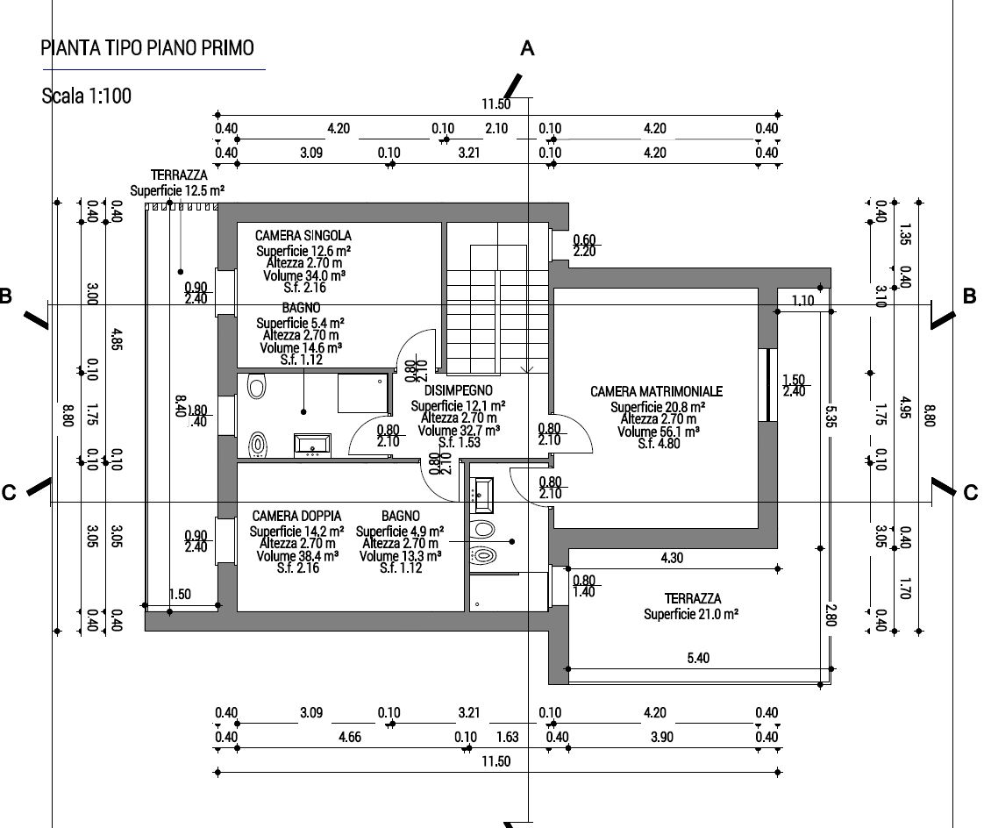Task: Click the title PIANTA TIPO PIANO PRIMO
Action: [x=148, y=47]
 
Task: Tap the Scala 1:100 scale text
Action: [x=87, y=96]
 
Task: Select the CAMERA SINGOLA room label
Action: [x=303, y=236]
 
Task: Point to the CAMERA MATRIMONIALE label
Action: [x=656, y=391]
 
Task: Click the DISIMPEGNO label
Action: [x=458, y=390]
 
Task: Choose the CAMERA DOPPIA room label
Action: [x=296, y=517]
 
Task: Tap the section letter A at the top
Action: [x=527, y=49]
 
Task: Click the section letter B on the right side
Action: [x=969, y=296]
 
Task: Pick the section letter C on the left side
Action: [x=9, y=493]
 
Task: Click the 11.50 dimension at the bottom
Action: [x=496, y=760]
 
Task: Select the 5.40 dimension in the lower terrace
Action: [x=698, y=658]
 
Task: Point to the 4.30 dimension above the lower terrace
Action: [x=673, y=557]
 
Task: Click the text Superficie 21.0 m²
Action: [x=690, y=615]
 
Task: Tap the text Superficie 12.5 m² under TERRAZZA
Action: [x=177, y=189]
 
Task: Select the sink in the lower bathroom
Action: [x=481, y=496]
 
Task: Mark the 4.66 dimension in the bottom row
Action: [x=349, y=737]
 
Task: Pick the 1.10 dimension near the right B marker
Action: [x=802, y=300]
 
